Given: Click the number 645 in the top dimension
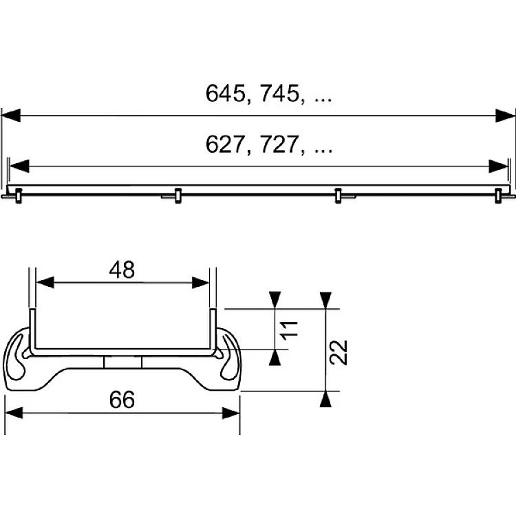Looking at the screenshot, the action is click(226, 93).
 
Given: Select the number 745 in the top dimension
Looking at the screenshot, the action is click(280, 93).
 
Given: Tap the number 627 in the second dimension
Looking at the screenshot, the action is click(226, 144).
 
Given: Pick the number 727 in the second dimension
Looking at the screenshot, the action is click(280, 144).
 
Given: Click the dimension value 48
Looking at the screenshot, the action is click(122, 270).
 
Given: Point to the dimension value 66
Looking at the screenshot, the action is click(122, 400).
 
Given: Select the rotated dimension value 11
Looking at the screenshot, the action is click(290, 329).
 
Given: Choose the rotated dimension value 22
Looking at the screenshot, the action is click(338, 352).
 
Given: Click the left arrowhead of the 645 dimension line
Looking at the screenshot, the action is click(11, 116).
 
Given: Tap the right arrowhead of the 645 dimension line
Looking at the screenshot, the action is click(505, 116).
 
